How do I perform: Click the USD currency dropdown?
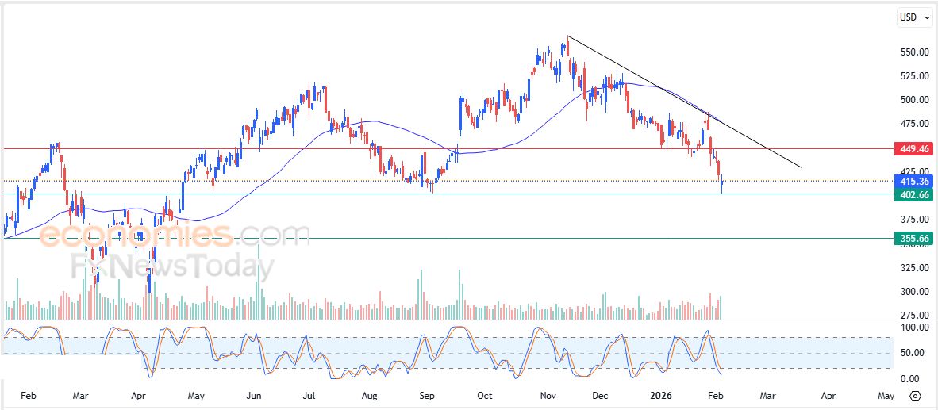913,17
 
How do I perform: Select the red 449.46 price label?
912,148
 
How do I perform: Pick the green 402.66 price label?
912,194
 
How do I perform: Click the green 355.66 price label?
912,238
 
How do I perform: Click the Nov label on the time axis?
547,395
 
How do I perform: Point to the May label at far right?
886,395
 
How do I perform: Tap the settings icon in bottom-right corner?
915,395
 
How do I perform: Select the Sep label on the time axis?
427,395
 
